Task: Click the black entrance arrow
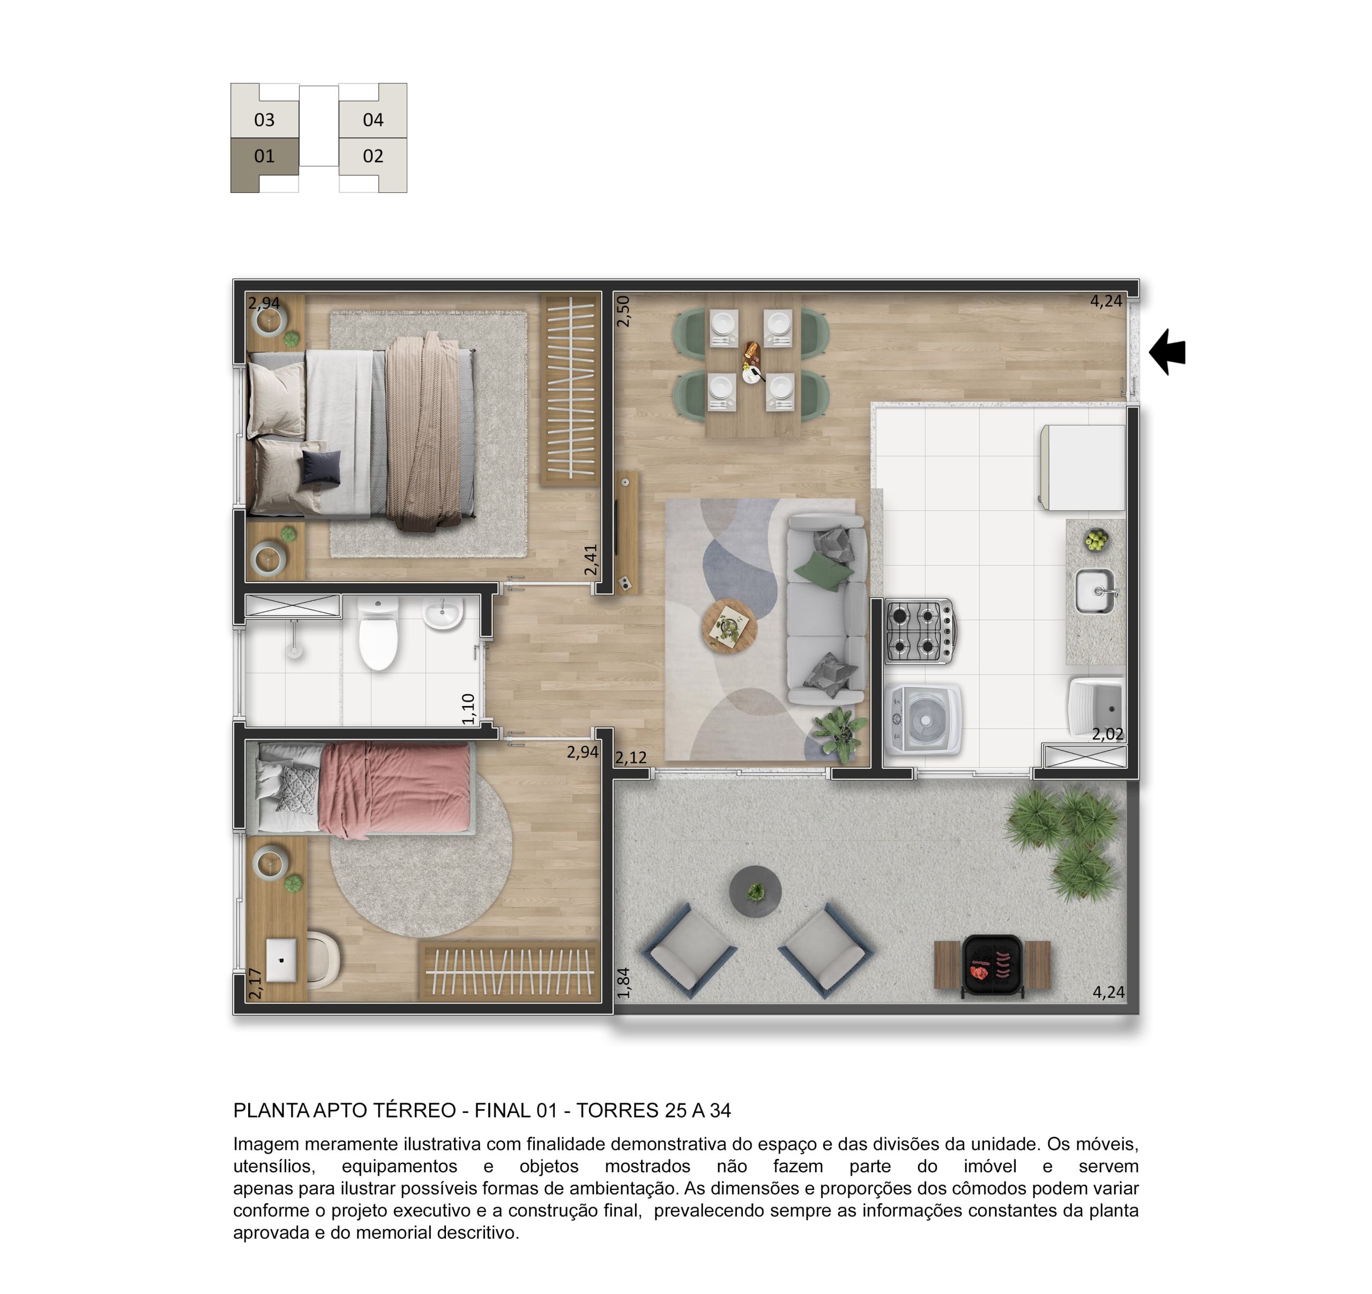(x=1168, y=352)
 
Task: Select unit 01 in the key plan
(x=264, y=157)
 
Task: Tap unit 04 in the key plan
(x=372, y=120)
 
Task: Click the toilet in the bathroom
(x=378, y=634)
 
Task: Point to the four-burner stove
(x=919, y=631)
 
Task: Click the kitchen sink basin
(x=1094, y=591)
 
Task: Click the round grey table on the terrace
(x=756, y=891)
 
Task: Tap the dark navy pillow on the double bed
(x=321, y=467)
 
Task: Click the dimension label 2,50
(x=623, y=311)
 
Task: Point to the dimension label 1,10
(x=468, y=709)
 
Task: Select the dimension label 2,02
(x=1108, y=734)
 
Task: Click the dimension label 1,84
(x=623, y=983)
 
